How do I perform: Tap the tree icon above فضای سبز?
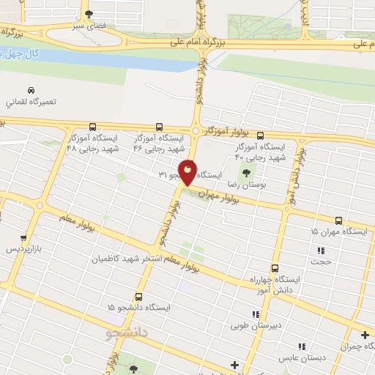click(89, 14)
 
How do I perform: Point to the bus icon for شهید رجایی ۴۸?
click(92, 127)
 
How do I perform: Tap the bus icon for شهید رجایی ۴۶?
click(160, 127)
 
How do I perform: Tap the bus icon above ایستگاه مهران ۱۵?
click(338, 220)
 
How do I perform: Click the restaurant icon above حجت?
click(320, 250)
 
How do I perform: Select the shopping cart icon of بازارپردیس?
click(24, 238)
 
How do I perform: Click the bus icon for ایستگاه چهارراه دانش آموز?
click(275, 268)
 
